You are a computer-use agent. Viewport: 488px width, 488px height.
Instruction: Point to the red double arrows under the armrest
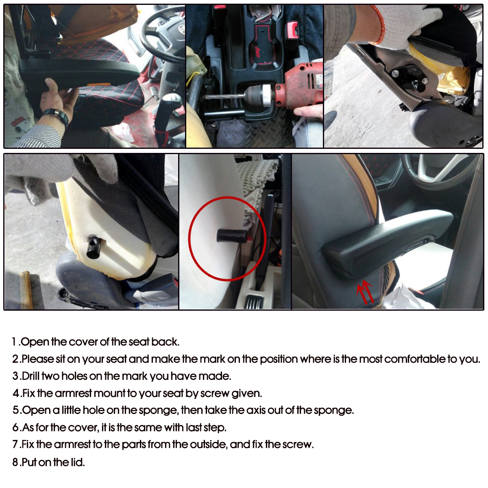(365, 292)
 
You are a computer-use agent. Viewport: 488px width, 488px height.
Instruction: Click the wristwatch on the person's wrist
(55, 117)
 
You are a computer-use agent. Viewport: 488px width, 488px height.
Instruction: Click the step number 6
(15, 427)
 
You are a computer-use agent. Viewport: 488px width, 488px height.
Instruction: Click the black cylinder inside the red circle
(230, 235)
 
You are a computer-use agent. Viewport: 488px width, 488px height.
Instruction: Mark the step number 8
(15, 462)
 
